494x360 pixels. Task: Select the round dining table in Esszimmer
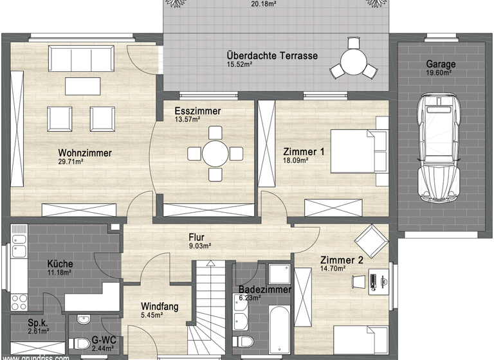click(215, 153)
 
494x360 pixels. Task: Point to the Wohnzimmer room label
click(85, 152)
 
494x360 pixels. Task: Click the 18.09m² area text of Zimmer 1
click(296, 161)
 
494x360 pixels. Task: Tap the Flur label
click(196, 237)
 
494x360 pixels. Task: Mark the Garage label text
click(441, 64)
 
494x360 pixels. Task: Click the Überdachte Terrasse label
click(271, 56)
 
